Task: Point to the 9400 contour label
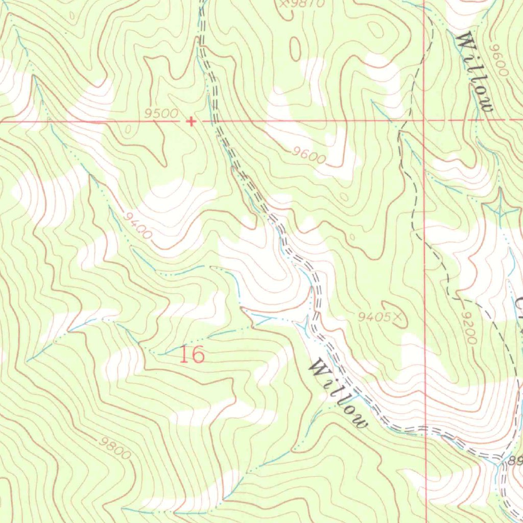point(137,226)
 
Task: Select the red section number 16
point(192,354)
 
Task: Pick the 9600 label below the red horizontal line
point(309,155)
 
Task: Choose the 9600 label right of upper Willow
point(498,60)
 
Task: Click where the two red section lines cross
point(424,121)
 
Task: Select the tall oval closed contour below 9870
point(295,49)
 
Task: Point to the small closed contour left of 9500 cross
point(126,129)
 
